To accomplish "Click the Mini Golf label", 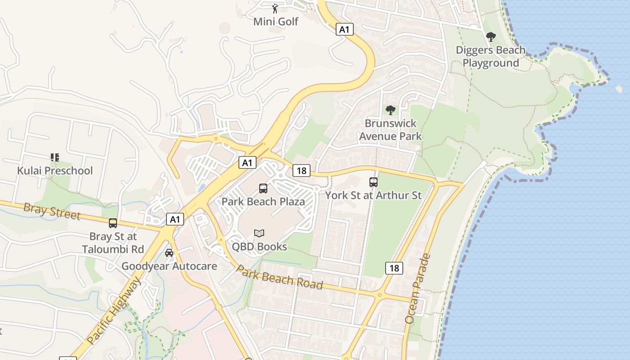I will point(275,21).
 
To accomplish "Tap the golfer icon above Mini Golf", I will point(275,8).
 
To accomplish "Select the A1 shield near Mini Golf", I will point(344,30).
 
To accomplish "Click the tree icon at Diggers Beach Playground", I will point(490,37).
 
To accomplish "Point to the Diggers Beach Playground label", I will point(490,56).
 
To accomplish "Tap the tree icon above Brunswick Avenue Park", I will point(390,110).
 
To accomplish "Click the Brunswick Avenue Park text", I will point(390,130).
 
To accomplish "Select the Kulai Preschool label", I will point(55,171).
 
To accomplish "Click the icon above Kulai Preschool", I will point(55,157).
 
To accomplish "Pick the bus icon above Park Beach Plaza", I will point(263,189).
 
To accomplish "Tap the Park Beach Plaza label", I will point(263,202).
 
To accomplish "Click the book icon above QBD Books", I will point(259,233).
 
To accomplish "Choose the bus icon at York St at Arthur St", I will point(373,182).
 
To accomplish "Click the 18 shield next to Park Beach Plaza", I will point(301,171).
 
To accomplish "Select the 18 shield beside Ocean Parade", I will point(394,268).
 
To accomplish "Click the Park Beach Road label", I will point(279,277).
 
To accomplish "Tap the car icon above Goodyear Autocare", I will point(169,252).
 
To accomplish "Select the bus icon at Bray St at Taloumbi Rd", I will point(113,223).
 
